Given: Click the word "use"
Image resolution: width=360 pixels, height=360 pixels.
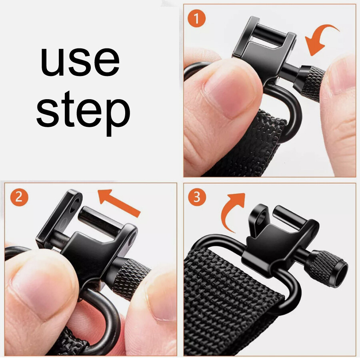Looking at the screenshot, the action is click(x=80, y=61).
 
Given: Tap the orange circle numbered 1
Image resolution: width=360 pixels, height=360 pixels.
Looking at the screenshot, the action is click(x=196, y=18).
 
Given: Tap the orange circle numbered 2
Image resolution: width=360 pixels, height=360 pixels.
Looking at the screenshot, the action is click(x=19, y=197).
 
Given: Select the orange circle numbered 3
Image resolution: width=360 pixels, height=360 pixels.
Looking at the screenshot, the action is click(x=197, y=197).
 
